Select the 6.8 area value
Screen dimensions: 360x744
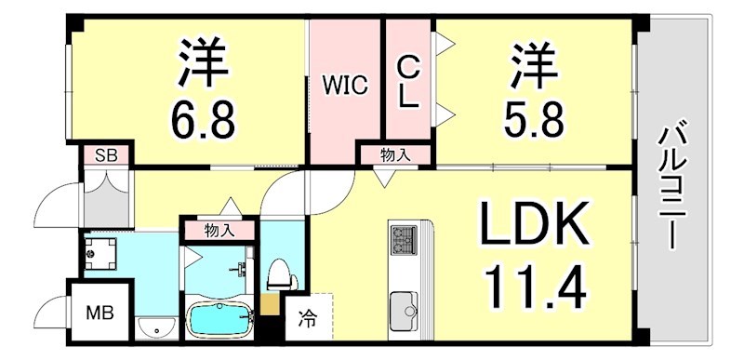click(x=202, y=117)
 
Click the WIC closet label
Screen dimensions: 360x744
click(x=345, y=86)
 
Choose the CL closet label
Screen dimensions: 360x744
click(x=407, y=83)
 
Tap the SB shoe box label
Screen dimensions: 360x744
click(x=106, y=155)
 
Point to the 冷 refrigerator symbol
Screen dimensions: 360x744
click(x=306, y=321)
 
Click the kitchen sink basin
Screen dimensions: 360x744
click(x=405, y=308)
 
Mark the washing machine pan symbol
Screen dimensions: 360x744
click(x=100, y=250)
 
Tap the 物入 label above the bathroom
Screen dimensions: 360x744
click(x=219, y=230)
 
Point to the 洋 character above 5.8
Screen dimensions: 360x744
click(x=533, y=62)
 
